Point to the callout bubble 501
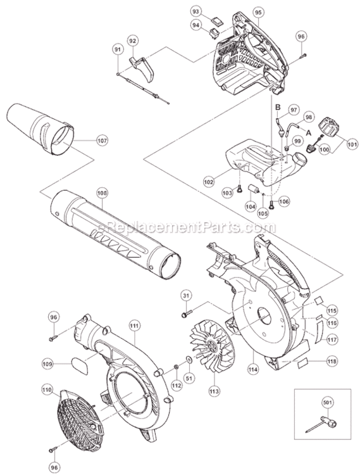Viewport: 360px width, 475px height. (326, 402)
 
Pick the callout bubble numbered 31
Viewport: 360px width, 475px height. (186, 296)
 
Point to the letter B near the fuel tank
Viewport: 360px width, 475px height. (277, 108)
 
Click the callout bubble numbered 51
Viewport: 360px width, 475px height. (189, 377)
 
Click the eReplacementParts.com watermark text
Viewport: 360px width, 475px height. (187, 227)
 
